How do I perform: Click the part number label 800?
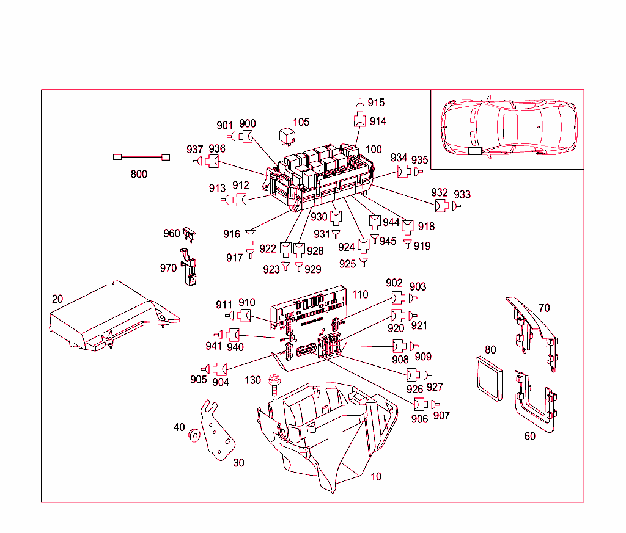(139, 174)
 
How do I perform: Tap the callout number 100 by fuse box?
(374, 150)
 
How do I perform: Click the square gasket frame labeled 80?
(487, 379)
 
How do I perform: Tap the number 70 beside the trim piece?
(543, 308)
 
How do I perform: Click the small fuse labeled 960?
(190, 233)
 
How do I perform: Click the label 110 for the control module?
(360, 294)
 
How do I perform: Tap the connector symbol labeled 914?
(359, 120)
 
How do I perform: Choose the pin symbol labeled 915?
(360, 103)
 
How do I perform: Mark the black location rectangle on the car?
(474, 150)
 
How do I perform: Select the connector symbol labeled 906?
(421, 404)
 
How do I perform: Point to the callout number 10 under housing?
(376, 476)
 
